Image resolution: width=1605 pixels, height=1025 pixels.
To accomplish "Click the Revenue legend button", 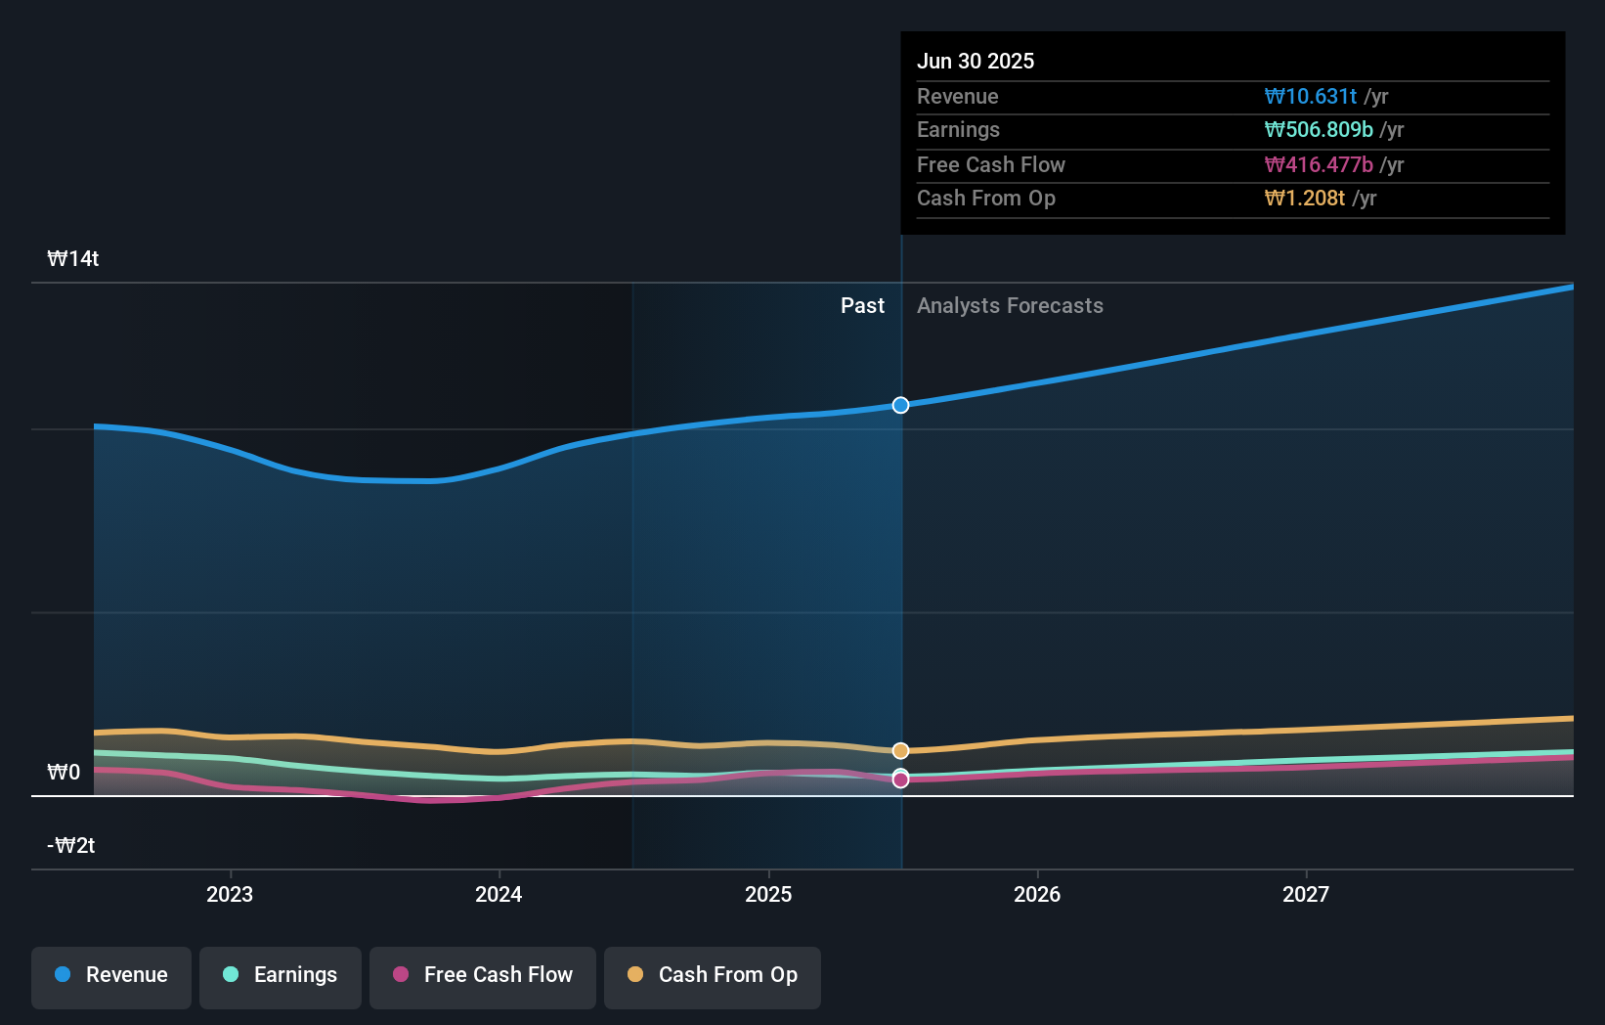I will pos(111,975).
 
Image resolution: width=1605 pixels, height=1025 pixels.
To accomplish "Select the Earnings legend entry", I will pos(281,975).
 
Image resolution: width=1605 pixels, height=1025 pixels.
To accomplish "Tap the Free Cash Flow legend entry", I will pos(483,975).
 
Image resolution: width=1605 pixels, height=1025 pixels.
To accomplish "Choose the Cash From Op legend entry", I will pos(713,975).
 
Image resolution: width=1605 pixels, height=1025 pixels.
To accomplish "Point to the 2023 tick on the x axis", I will pos(230,894).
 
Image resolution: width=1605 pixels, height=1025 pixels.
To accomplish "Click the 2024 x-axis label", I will pos(499,894).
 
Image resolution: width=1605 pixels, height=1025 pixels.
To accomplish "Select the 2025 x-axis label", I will pos(768,894).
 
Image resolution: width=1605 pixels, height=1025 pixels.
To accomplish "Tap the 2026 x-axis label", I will pos(1037,894).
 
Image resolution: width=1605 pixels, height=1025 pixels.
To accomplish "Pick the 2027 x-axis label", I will pos(1306,894).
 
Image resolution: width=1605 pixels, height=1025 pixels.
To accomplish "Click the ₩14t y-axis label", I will pos(73,259).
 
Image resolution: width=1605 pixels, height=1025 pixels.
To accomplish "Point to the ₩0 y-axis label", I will pos(64,773).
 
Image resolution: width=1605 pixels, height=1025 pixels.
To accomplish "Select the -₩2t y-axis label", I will pos(71,846).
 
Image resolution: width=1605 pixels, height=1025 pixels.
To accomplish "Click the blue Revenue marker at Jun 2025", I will pos(900,405).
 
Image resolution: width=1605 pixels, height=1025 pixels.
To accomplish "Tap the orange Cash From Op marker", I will pos(900,750).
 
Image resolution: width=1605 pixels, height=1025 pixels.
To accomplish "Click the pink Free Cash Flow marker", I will pos(900,780).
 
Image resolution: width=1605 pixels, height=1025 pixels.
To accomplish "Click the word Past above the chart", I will pos(862,306).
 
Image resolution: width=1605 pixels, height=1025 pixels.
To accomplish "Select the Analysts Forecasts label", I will pos(1010,306).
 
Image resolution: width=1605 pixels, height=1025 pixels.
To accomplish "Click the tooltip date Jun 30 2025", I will pos(976,61).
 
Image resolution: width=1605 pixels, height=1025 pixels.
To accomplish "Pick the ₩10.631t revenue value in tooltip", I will pos(1310,96).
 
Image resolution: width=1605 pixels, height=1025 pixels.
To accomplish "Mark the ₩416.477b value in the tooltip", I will pos(1318,164).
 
